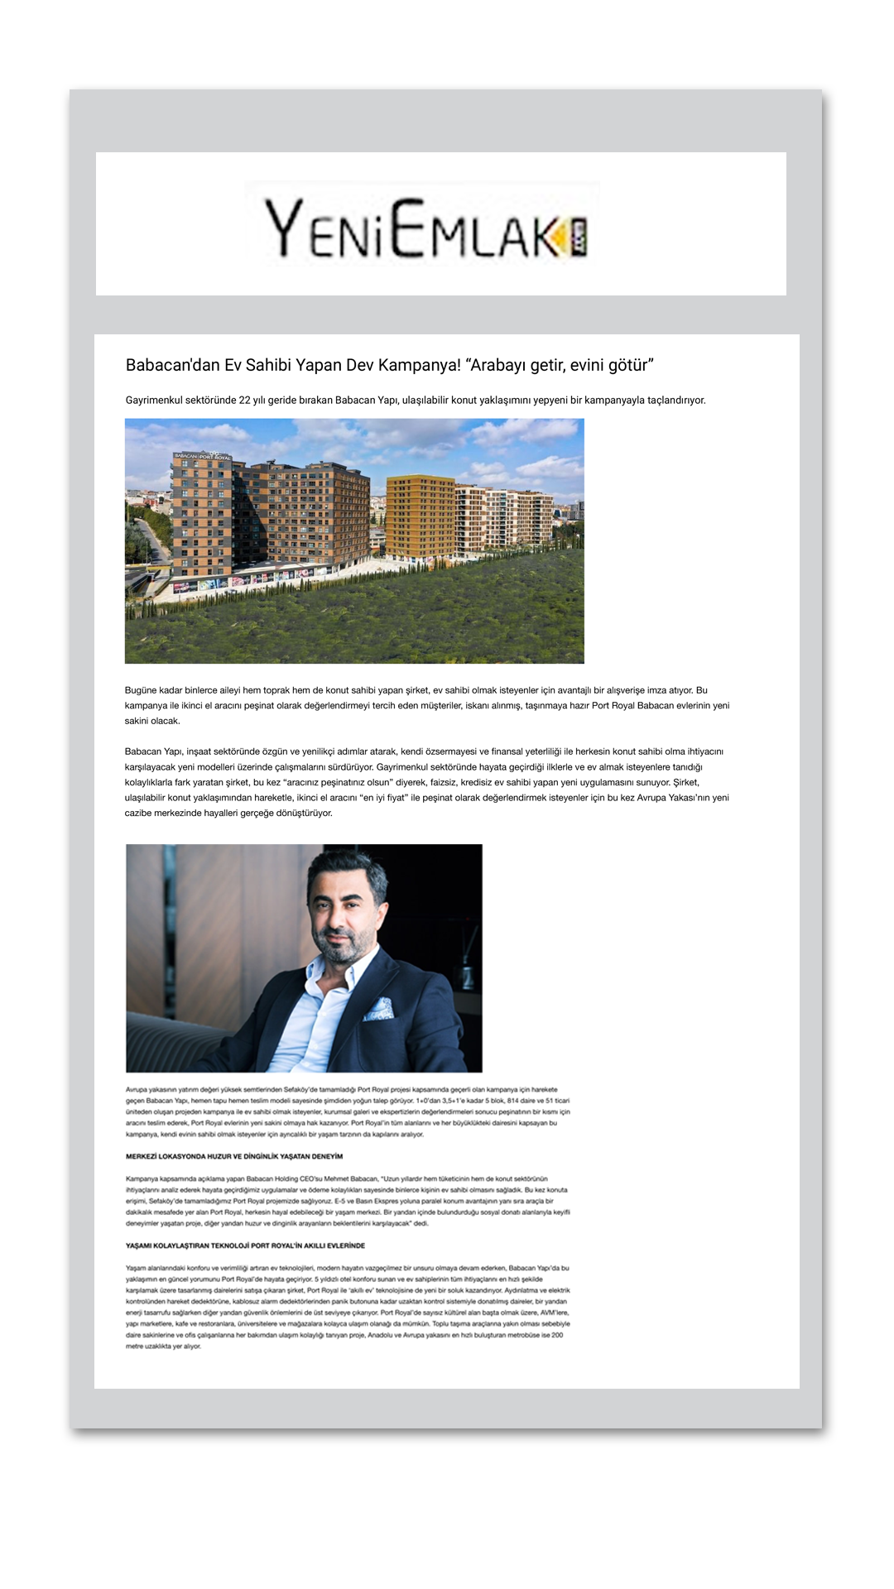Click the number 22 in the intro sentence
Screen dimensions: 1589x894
pyautogui.click(x=244, y=401)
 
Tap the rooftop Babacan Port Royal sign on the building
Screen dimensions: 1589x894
pyautogui.click(x=202, y=456)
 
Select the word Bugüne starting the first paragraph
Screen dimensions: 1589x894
pyautogui.click(x=142, y=690)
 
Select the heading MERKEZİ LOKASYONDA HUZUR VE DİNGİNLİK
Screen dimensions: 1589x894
pyautogui.click(x=234, y=1156)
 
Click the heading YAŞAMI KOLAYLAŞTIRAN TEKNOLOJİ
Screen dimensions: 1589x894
pyautogui.click(x=245, y=1246)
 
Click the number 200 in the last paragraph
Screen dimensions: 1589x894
pyautogui.click(x=557, y=1335)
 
